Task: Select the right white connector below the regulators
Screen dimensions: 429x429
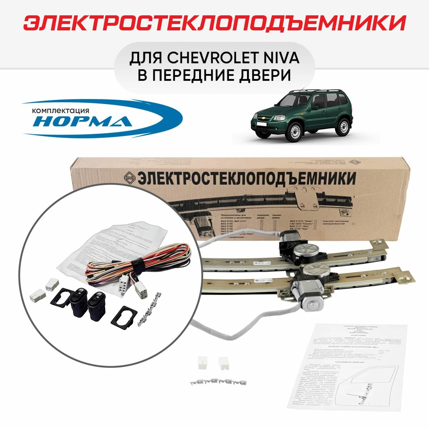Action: point(225,363)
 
